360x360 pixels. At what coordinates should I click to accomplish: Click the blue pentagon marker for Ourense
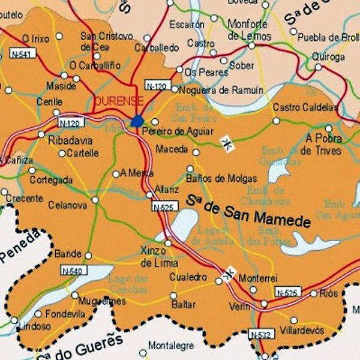coord(137,121)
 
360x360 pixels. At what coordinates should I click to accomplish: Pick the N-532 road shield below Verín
coord(260,334)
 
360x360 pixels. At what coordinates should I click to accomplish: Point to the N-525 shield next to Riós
coord(287,292)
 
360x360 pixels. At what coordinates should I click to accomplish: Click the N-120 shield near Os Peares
coord(157,86)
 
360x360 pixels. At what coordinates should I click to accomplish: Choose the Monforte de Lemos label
coord(247,29)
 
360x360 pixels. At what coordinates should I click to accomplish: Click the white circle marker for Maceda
coord(196,152)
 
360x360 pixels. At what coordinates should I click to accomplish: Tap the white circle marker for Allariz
coord(149,194)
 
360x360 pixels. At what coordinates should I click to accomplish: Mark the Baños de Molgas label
coord(221,179)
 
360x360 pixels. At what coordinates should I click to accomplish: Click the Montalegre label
coord(170,346)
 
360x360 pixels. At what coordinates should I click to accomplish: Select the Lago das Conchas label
coord(128,284)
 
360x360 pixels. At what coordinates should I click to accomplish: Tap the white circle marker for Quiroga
coord(318,67)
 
